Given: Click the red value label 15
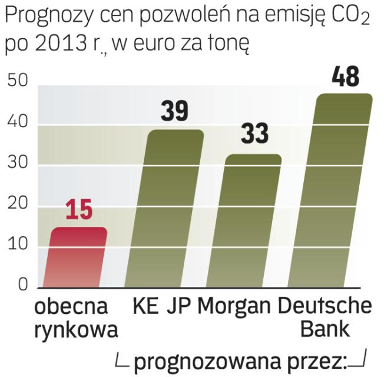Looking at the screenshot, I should (x=78, y=211).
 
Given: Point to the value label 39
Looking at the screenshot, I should (x=174, y=113).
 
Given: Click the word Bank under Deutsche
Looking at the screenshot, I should (x=326, y=329).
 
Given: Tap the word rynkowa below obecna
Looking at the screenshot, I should (x=76, y=329).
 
